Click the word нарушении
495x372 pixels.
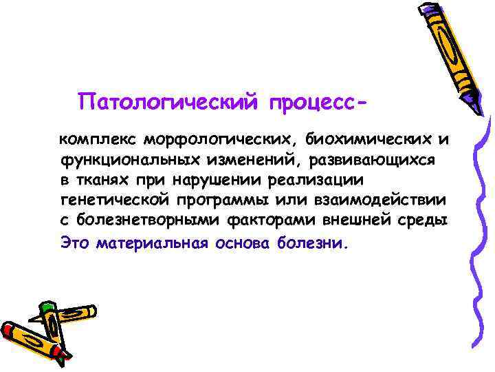pyautogui.click(x=209, y=180)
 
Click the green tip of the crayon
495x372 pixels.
pyautogui.click(x=47, y=307)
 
